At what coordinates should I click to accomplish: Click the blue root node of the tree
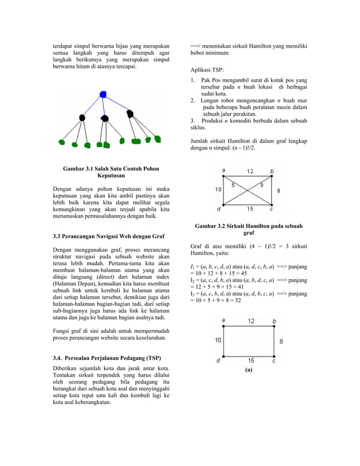pyautogui.click(x=103, y=94)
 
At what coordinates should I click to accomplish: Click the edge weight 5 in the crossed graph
pyautogui.click(x=233, y=184)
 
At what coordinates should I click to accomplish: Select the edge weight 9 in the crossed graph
pyautogui.click(x=261, y=184)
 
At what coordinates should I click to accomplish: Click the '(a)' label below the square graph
pyautogui.click(x=248, y=371)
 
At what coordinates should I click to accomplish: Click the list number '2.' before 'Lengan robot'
pyautogui.click(x=194, y=100)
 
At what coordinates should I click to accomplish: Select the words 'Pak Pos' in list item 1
pyautogui.click(x=212, y=80)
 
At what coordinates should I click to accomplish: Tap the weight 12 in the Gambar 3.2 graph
pyautogui.click(x=250, y=172)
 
